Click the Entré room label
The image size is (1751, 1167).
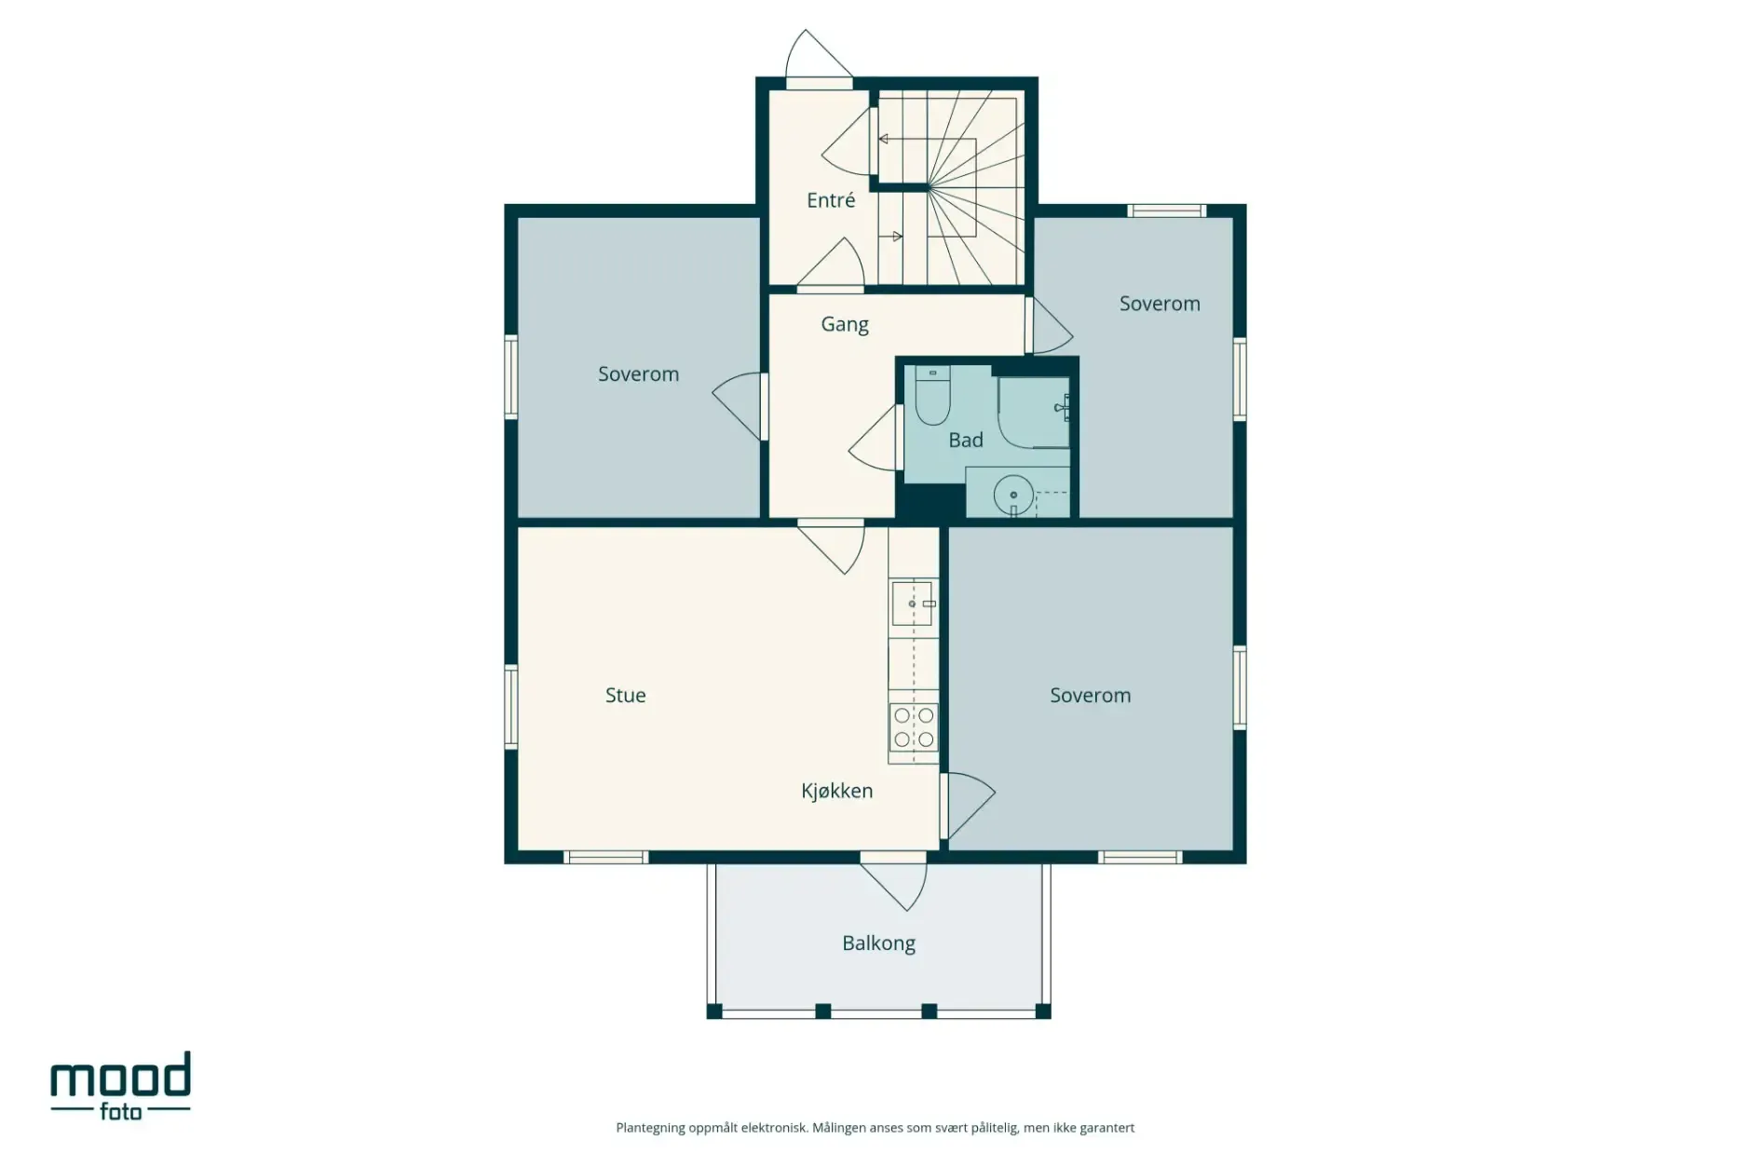[x=830, y=200]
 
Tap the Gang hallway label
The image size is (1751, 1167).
[x=844, y=324]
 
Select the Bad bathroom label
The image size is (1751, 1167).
[x=965, y=440]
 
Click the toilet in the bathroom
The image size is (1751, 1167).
[x=931, y=396]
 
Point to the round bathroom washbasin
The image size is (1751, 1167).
[x=1012, y=495]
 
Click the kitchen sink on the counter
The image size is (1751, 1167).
[x=912, y=604]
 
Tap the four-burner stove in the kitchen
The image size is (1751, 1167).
[x=913, y=727]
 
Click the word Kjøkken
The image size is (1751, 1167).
[x=836, y=791]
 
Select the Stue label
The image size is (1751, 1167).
[x=625, y=695]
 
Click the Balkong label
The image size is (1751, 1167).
[x=878, y=943]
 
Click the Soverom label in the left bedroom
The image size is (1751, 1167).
[x=638, y=374]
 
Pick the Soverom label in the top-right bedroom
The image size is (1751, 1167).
[x=1159, y=304]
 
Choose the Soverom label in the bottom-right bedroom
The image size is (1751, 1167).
[x=1090, y=695]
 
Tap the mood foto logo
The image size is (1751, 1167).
[x=120, y=1086]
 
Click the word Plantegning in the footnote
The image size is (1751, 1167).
[x=650, y=1128]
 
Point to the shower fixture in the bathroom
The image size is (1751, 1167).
[x=1062, y=408]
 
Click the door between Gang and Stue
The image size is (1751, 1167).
[x=832, y=546]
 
